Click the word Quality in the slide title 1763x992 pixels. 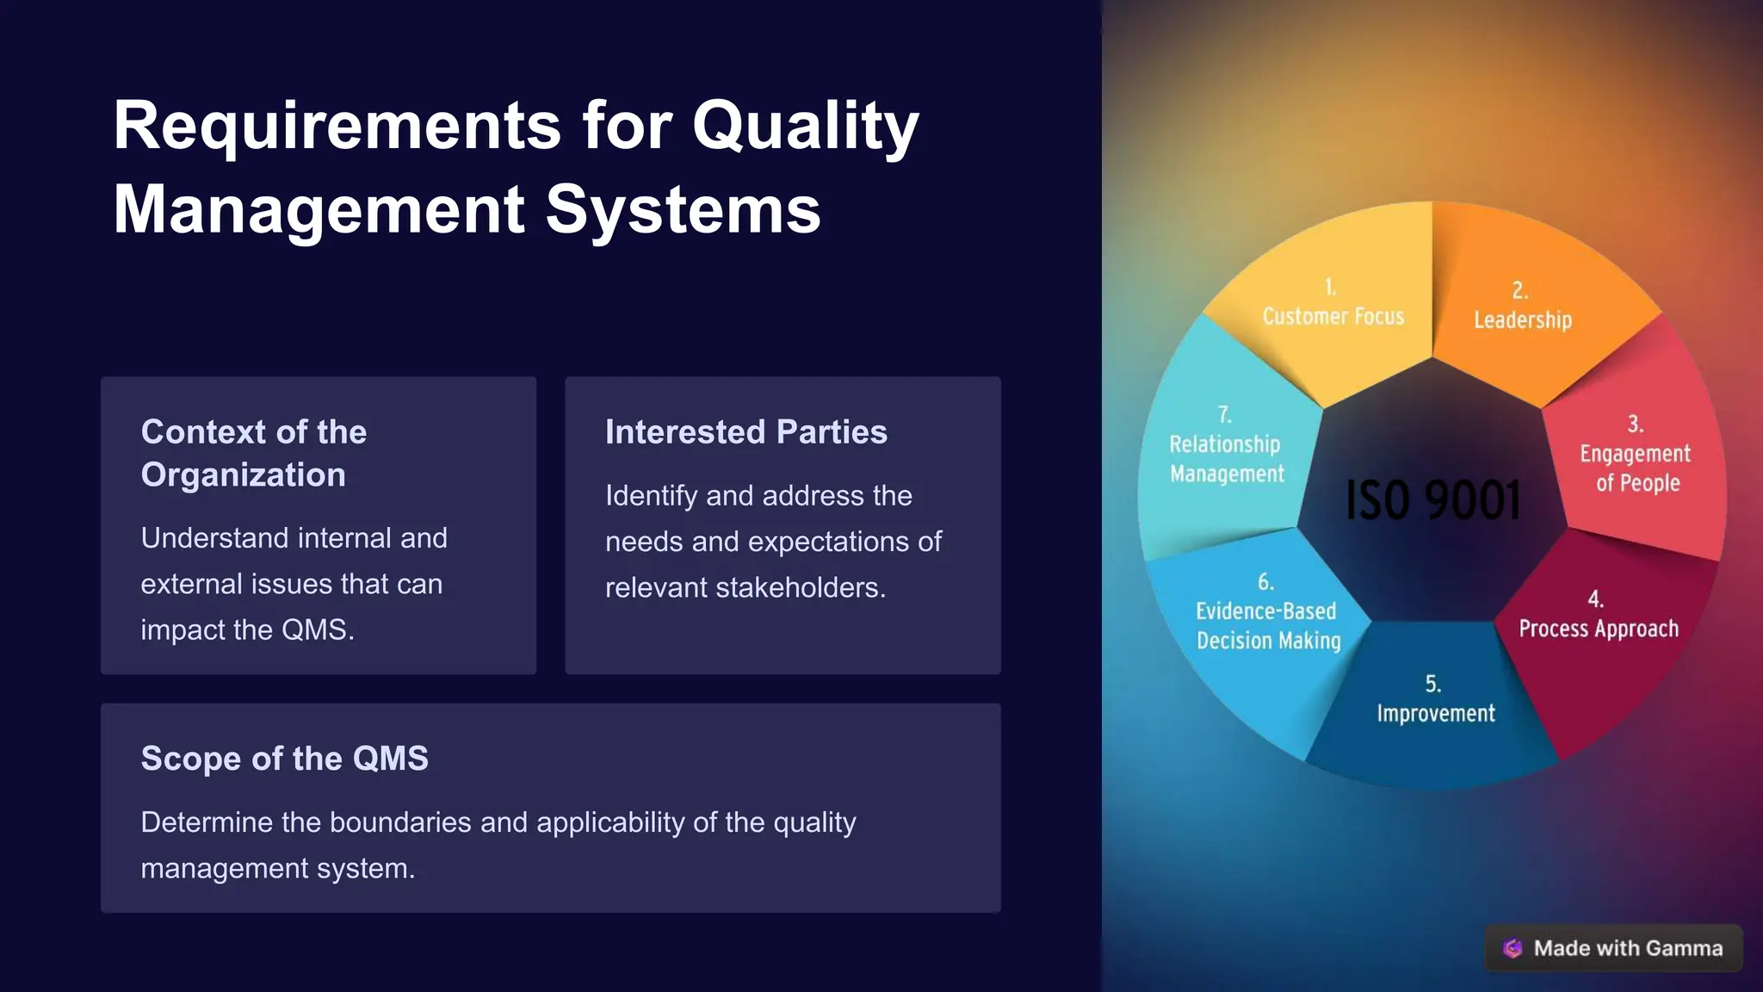click(805, 127)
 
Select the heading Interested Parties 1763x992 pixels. click(745, 431)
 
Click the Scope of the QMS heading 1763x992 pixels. click(284, 759)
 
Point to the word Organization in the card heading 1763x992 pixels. click(243, 474)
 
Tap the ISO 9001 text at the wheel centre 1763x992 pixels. click(1433, 500)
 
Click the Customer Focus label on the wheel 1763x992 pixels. click(1333, 316)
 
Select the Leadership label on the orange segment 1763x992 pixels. click(1523, 319)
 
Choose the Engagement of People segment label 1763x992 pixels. click(1636, 468)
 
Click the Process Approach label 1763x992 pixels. click(1599, 629)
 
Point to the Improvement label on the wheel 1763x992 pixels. click(1436, 713)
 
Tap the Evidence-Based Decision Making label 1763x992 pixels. click(1268, 625)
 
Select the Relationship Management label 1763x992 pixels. click(1226, 459)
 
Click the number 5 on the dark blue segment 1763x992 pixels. click(1432, 684)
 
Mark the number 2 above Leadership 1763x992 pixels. click(1519, 290)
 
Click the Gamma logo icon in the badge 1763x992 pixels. click(1512, 948)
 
